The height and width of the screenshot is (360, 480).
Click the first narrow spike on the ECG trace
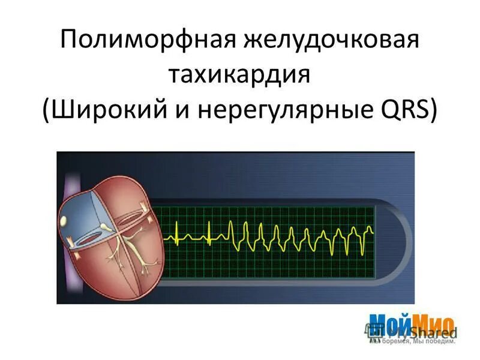[x=178, y=231]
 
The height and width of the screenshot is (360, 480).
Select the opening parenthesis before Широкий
[x=47, y=112]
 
